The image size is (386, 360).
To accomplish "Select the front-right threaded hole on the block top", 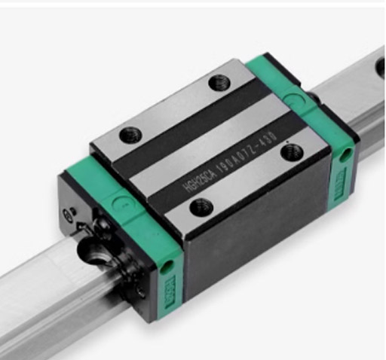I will click(x=290, y=151).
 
